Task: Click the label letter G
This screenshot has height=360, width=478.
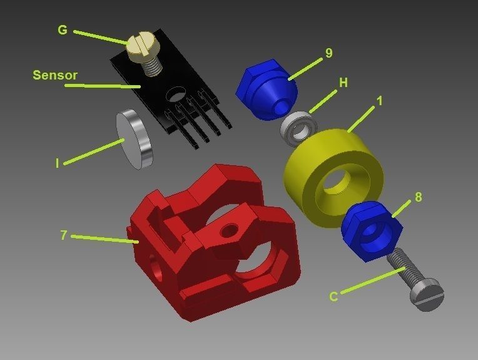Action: click(x=62, y=29)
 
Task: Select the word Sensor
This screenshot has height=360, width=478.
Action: click(x=55, y=75)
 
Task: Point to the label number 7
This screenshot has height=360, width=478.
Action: click(x=63, y=235)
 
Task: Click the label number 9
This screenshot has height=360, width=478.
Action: click(x=329, y=53)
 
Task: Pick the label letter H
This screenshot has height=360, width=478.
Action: click(x=343, y=83)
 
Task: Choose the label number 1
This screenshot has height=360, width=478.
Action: click(x=379, y=100)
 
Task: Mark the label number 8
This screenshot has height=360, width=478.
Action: click(x=418, y=197)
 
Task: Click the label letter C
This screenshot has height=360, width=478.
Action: click(x=333, y=297)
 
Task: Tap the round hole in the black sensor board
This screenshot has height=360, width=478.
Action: click(x=176, y=93)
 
